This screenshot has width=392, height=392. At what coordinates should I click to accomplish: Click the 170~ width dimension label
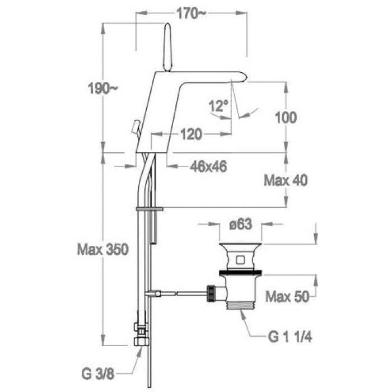pos(192,13)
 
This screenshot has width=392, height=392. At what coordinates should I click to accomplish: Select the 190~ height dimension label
pos(102,88)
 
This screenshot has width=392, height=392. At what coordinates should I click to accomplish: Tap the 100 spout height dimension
pos(286,117)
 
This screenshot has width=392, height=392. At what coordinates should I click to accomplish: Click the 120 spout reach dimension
pos(191,134)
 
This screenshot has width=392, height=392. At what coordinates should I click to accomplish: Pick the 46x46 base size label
pos(208,166)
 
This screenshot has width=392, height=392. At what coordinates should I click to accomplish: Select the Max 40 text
pos(286,180)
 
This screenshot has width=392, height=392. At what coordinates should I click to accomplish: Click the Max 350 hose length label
pos(102,249)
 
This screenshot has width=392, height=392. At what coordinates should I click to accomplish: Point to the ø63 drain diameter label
pos(240,224)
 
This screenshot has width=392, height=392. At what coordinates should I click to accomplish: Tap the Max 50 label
pos(287,297)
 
